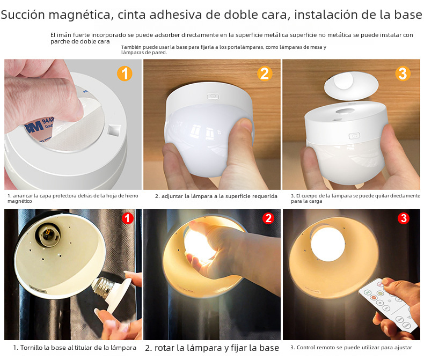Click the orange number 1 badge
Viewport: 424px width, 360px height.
click(125, 74)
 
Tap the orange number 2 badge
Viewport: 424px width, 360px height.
click(265, 74)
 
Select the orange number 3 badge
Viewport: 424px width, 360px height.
click(403, 74)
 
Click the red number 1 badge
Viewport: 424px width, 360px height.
click(127, 218)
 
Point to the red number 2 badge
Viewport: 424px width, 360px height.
click(268, 218)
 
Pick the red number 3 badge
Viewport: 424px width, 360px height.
click(404, 218)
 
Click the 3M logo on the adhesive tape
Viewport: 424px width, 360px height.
click(34, 127)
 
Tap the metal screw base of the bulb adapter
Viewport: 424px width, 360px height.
click(102, 287)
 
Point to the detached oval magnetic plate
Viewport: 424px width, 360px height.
click(351, 85)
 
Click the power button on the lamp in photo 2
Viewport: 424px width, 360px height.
click(213, 96)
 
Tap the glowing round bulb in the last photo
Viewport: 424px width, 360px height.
click(328, 244)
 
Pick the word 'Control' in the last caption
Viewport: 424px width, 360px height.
click(305, 348)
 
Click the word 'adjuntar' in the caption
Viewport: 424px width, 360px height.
click(172, 196)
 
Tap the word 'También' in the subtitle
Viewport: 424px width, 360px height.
click(131, 47)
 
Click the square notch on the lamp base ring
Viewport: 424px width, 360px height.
click(114, 130)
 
